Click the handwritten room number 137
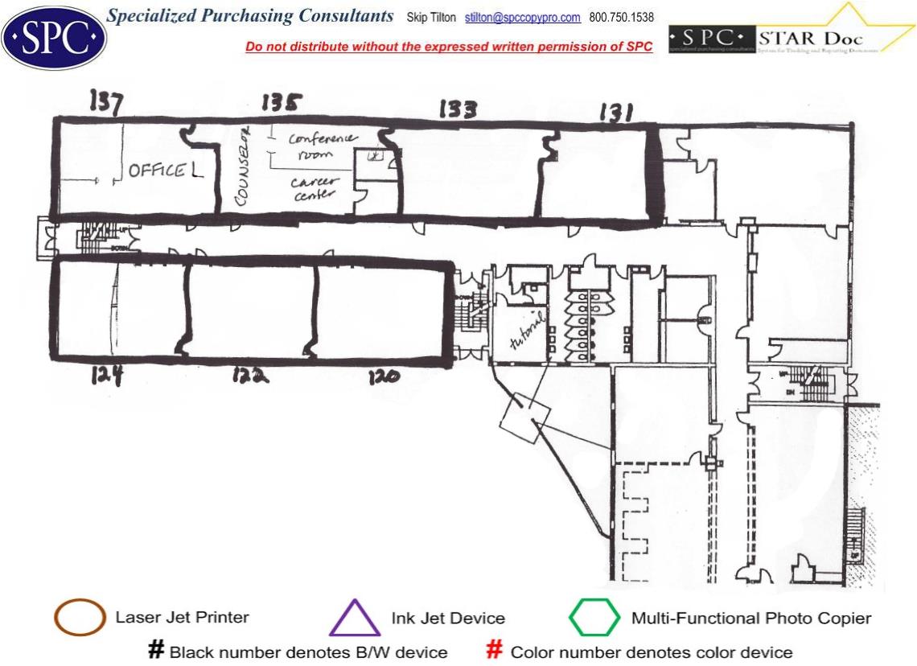click(106, 102)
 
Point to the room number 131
click(615, 114)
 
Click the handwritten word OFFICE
click(157, 171)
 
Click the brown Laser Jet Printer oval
click(79, 619)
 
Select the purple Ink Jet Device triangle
click(355, 619)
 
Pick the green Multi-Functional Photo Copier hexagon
click(594, 619)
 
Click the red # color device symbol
click(496, 651)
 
